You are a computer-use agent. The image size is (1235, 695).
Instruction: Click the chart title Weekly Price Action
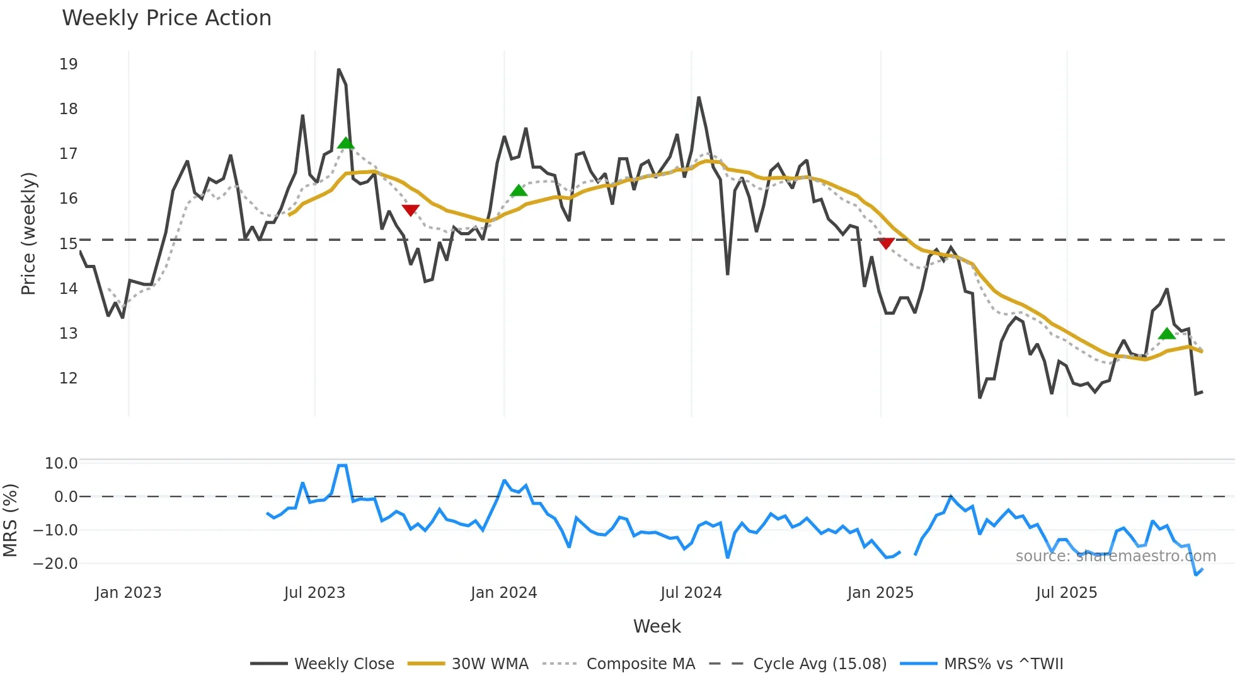point(166,18)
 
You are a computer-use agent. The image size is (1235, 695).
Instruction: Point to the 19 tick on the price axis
point(68,64)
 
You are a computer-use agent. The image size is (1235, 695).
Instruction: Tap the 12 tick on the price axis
point(68,378)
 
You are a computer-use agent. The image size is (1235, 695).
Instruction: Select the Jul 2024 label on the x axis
point(691,593)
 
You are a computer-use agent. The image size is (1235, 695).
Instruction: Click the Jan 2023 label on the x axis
point(128,593)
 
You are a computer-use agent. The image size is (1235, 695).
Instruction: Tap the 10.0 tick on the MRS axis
point(60,464)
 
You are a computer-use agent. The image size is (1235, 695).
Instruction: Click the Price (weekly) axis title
point(28,233)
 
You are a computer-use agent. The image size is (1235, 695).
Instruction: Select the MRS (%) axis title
point(10,520)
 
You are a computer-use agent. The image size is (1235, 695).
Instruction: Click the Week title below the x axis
point(657,626)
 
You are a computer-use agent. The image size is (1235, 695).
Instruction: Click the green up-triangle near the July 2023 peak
point(345,143)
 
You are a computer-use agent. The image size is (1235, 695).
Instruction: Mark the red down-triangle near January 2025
point(886,243)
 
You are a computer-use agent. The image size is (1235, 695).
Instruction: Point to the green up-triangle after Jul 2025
point(1166,334)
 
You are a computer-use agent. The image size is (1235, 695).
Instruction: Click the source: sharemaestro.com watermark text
point(1115,556)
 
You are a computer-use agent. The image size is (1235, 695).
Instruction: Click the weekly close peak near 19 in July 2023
point(338,69)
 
